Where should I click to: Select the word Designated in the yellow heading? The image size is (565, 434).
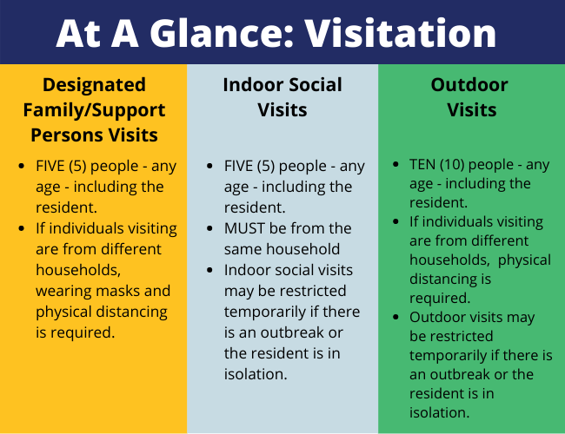[x=95, y=85]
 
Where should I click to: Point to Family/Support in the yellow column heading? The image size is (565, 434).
[x=95, y=110]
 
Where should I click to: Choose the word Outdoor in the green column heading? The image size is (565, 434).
[x=469, y=85]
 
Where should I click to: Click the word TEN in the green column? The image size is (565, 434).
[x=426, y=164]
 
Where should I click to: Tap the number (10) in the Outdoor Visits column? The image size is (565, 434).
[x=462, y=164]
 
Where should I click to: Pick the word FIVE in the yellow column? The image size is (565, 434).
[x=51, y=165]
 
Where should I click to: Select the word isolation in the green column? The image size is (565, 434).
[x=440, y=412]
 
